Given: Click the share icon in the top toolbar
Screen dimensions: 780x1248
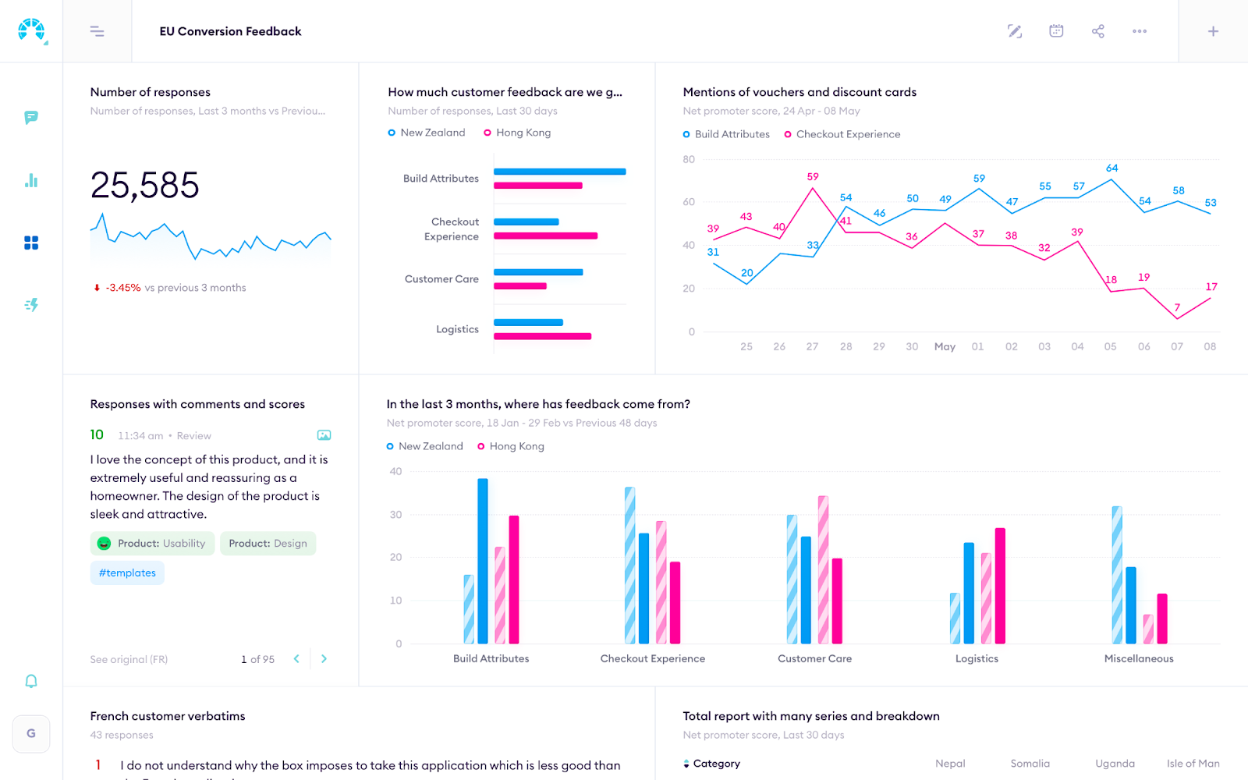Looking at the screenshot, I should click(1097, 31).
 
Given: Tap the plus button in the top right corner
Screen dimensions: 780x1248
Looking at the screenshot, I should click(1213, 31).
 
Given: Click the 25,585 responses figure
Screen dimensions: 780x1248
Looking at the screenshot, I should click(145, 186).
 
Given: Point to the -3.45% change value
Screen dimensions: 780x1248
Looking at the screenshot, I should click(123, 288).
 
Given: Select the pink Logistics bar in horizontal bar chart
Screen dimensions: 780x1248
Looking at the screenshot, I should click(542, 336).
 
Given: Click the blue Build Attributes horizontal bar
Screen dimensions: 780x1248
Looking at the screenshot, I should click(559, 172).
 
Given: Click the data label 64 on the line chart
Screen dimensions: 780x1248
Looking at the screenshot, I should click(1111, 168).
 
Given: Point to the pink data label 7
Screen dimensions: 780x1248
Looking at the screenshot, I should click(1177, 307).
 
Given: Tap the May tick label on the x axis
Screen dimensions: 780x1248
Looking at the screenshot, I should click(945, 346).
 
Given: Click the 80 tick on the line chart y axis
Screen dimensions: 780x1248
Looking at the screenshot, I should click(689, 160).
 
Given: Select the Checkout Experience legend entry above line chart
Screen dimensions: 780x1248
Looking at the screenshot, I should click(847, 134).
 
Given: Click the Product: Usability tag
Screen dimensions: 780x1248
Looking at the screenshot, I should click(152, 544).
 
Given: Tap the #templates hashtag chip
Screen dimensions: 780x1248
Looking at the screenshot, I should click(127, 573).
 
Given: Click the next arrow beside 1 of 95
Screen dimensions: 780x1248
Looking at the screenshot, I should click(324, 659).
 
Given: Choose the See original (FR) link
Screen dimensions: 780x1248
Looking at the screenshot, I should click(129, 660).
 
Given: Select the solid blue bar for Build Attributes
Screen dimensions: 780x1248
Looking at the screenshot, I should click(483, 561).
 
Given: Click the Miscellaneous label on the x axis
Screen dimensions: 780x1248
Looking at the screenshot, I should click(1138, 659).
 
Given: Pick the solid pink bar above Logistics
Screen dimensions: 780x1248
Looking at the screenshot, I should click(1000, 586).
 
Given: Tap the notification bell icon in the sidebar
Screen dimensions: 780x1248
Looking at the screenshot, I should click(31, 681).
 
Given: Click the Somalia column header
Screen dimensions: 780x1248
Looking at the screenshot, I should click(1030, 764).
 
